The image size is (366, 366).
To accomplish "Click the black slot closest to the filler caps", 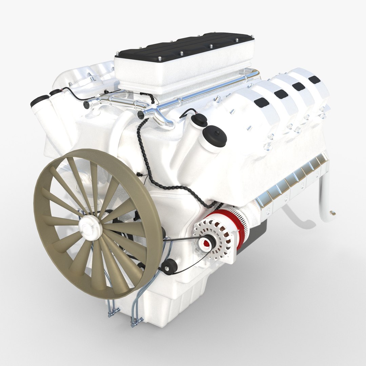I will click(261, 102).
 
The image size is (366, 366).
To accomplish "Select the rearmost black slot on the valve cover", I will click(314, 79).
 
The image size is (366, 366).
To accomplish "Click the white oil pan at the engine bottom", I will click(169, 305).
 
